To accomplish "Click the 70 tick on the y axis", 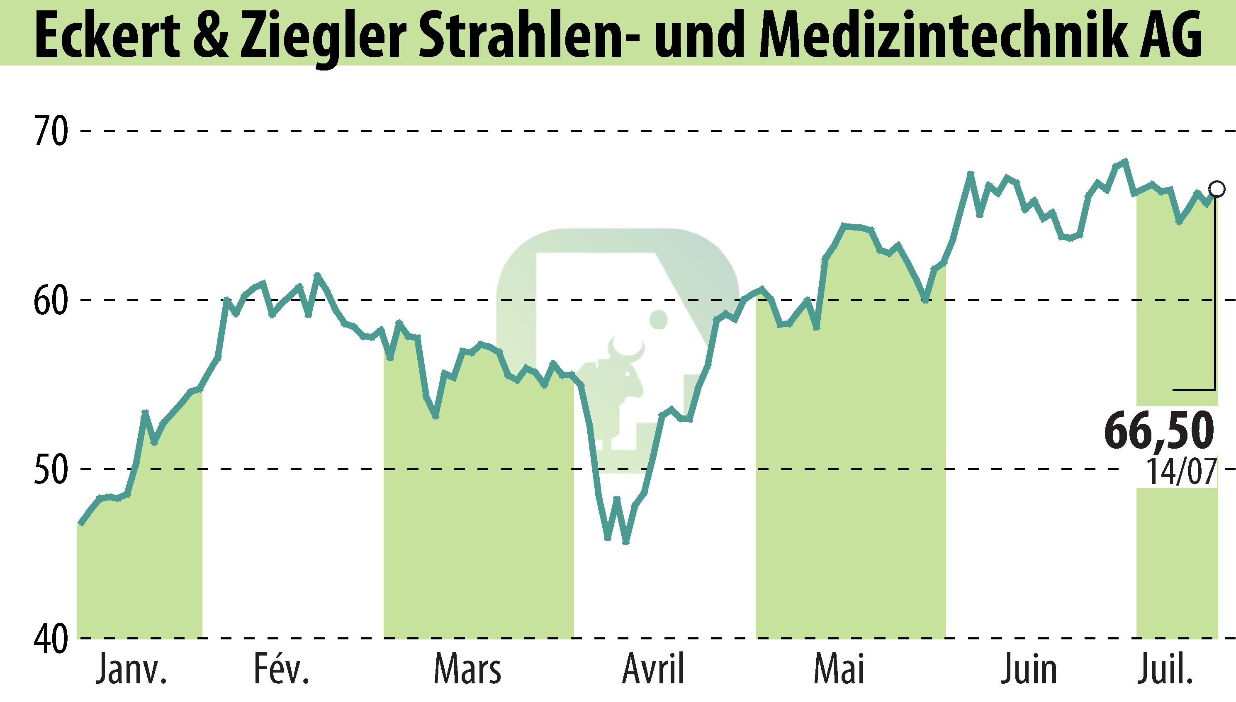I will pyautogui.click(x=50, y=131).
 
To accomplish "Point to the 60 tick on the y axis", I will pyautogui.click(x=50, y=300).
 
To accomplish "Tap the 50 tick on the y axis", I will pyautogui.click(x=50, y=469).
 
